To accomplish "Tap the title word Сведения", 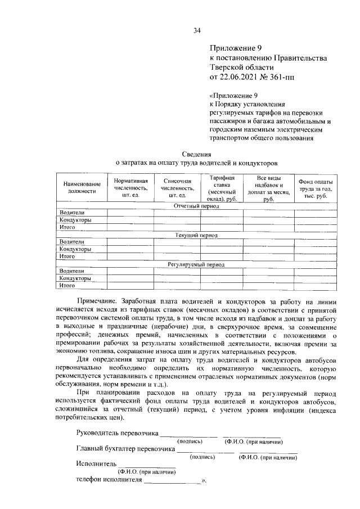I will [x=197, y=154].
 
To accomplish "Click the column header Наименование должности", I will [x=82, y=188].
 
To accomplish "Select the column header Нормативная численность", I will [x=130, y=188].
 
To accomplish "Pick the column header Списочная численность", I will [x=177, y=188].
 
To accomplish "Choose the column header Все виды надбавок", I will [x=268, y=188].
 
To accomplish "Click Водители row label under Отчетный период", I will [x=73, y=213].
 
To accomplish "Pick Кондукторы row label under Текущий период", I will [x=76, y=249].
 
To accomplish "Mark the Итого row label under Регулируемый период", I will [x=68, y=285].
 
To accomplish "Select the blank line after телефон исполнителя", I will [x=172, y=481].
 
